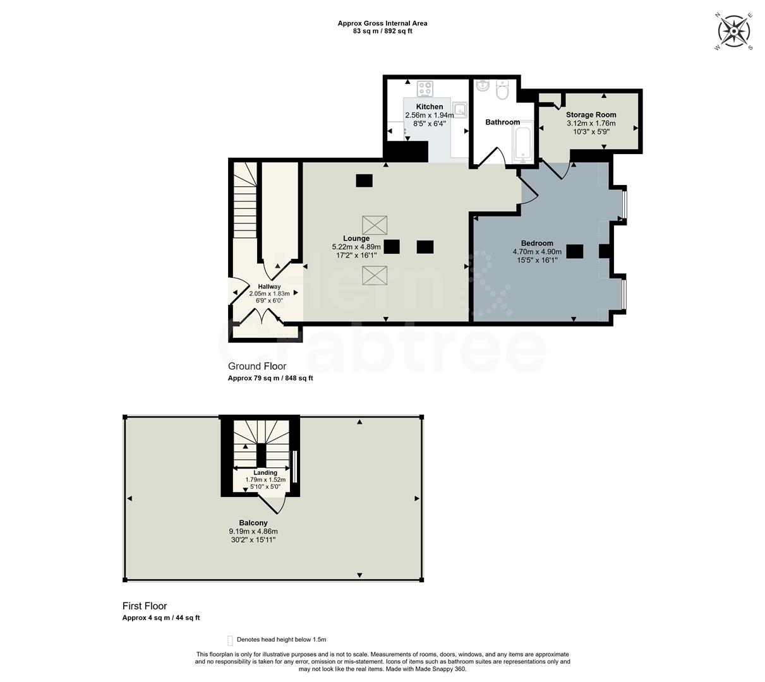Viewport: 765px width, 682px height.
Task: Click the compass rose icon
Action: coord(733,30)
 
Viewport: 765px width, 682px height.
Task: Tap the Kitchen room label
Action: coord(429,107)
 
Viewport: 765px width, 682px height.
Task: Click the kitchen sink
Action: coord(461,110)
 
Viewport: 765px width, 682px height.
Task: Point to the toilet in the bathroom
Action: coord(503,91)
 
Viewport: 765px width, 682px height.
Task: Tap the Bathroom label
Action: coord(502,123)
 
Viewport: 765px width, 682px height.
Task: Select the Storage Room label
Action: coord(591,115)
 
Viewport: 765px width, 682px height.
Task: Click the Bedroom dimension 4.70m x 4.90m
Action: coord(537,251)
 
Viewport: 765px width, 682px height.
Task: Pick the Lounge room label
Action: coord(356,238)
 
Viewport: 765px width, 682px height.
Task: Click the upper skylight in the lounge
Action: coord(375,225)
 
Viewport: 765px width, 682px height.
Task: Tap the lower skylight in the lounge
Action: coord(375,275)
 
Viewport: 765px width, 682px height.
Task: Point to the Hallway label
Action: coord(269,287)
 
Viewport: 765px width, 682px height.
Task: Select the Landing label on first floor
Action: coord(265,472)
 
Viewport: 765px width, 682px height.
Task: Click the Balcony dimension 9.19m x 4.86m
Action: coord(253,531)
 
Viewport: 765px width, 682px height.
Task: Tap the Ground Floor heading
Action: coord(257,366)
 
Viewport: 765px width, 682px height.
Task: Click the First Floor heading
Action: coord(145,606)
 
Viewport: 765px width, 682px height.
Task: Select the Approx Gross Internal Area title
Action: coord(382,23)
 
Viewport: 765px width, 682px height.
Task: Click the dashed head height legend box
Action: coord(230,640)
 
